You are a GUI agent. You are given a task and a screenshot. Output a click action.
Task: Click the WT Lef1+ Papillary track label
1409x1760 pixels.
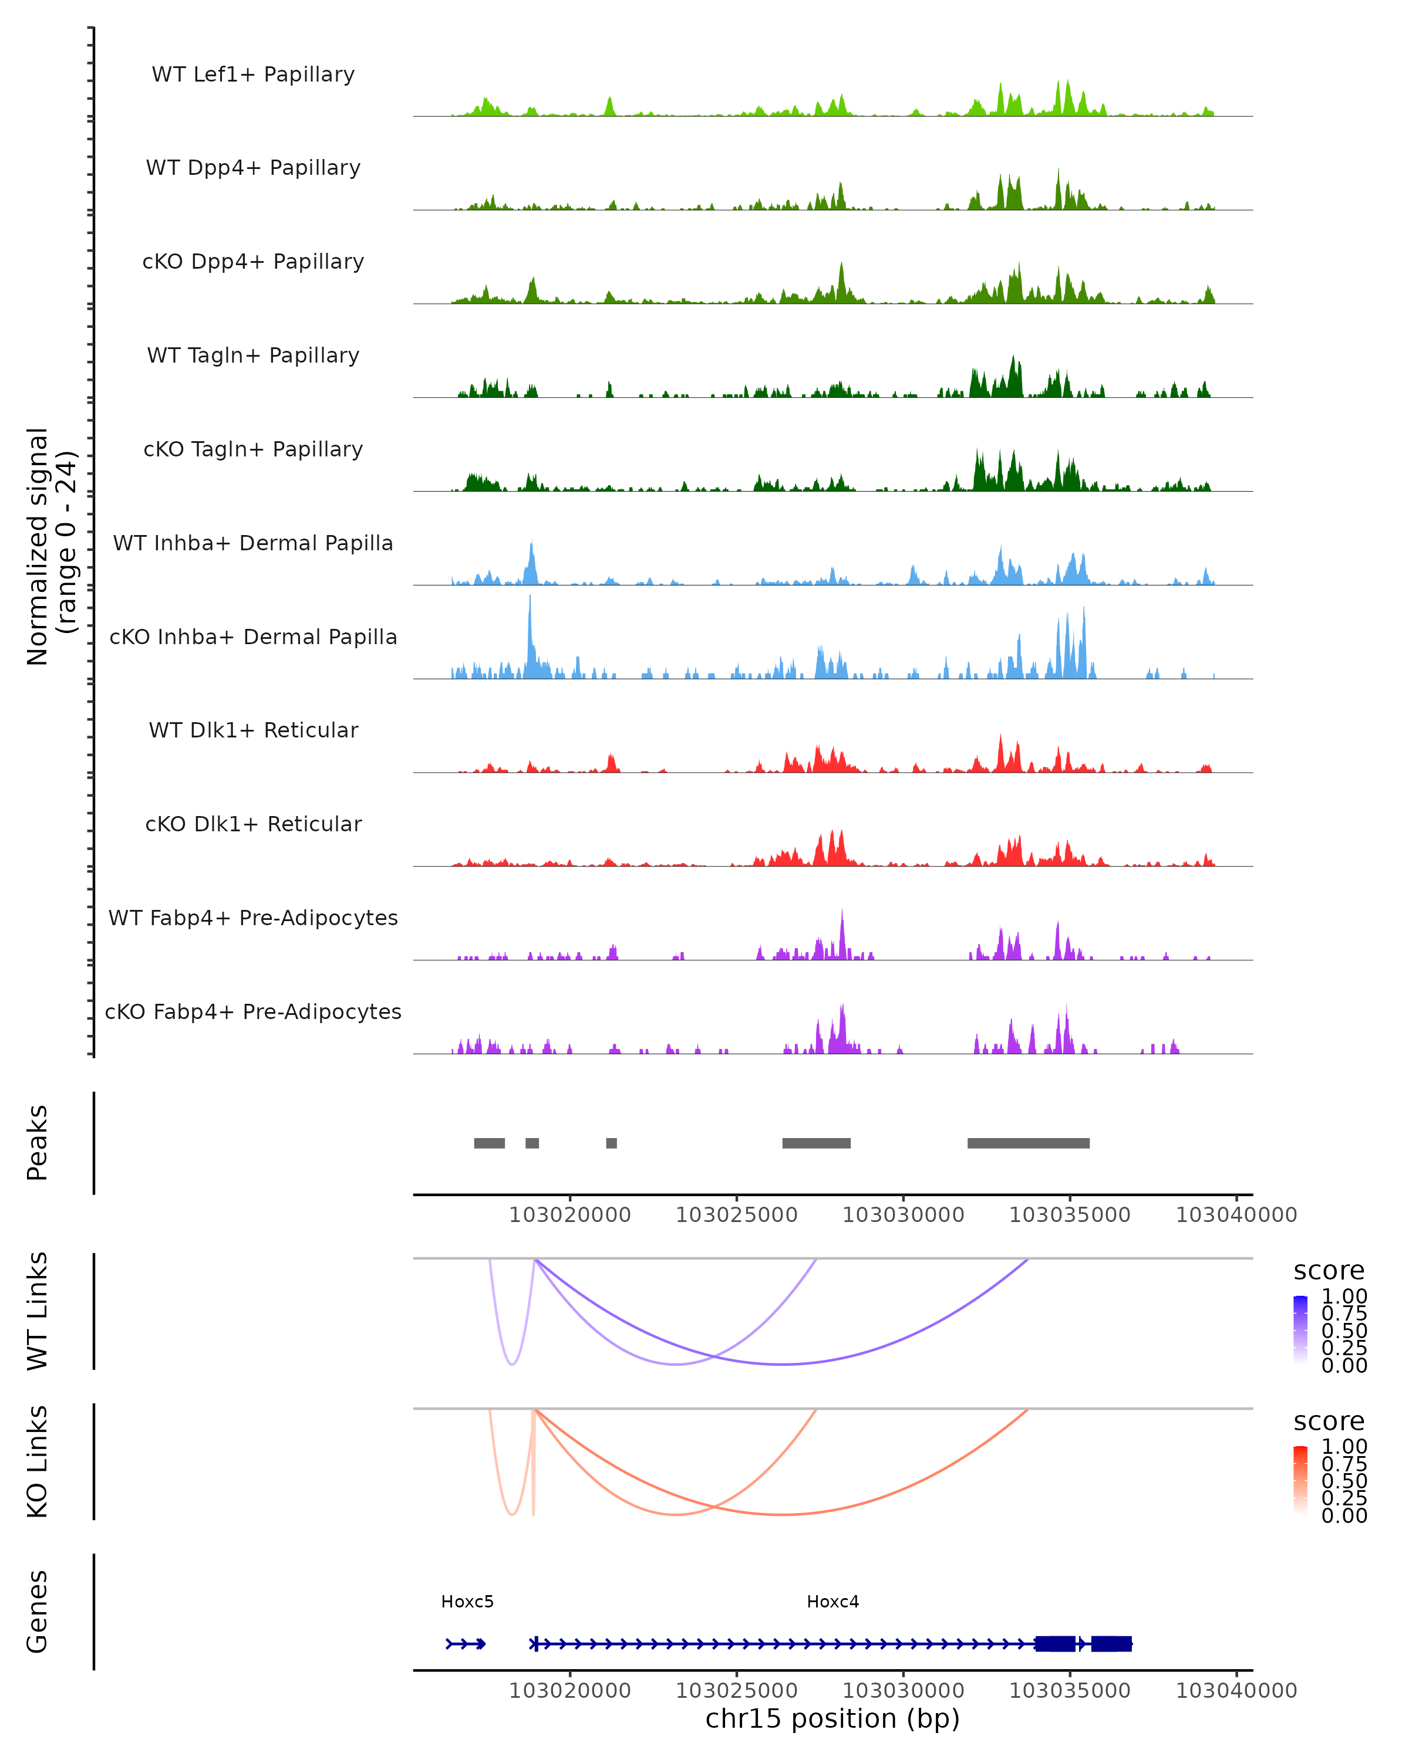tap(253, 75)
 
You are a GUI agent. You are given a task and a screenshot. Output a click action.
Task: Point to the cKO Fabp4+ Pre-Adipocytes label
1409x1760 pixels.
tap(253, 1011)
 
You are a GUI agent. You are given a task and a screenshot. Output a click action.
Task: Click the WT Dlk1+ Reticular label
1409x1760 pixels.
tap(253, 730)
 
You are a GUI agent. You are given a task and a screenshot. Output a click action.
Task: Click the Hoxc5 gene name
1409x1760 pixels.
tap(467, 1602)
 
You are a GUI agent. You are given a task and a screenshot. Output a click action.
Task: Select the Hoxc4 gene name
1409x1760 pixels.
tap(832, 1602)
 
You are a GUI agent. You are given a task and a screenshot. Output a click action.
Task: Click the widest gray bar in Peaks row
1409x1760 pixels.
tap(1029, 1143)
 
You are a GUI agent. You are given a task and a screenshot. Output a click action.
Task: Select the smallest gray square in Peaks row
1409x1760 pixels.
tap(611, 1143)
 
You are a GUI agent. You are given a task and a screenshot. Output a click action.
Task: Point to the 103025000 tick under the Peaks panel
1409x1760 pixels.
tap(737, 1215)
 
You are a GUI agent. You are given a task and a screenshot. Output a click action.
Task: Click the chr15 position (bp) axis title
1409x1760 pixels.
tap(832, 1718)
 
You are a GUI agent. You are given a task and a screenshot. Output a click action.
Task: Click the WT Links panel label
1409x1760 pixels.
tap(38, 1311)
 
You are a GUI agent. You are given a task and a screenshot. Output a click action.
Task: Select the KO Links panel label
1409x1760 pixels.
tap(38, 1462)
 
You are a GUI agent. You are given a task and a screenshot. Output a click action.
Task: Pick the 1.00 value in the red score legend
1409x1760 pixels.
tap(1344, 1446)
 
